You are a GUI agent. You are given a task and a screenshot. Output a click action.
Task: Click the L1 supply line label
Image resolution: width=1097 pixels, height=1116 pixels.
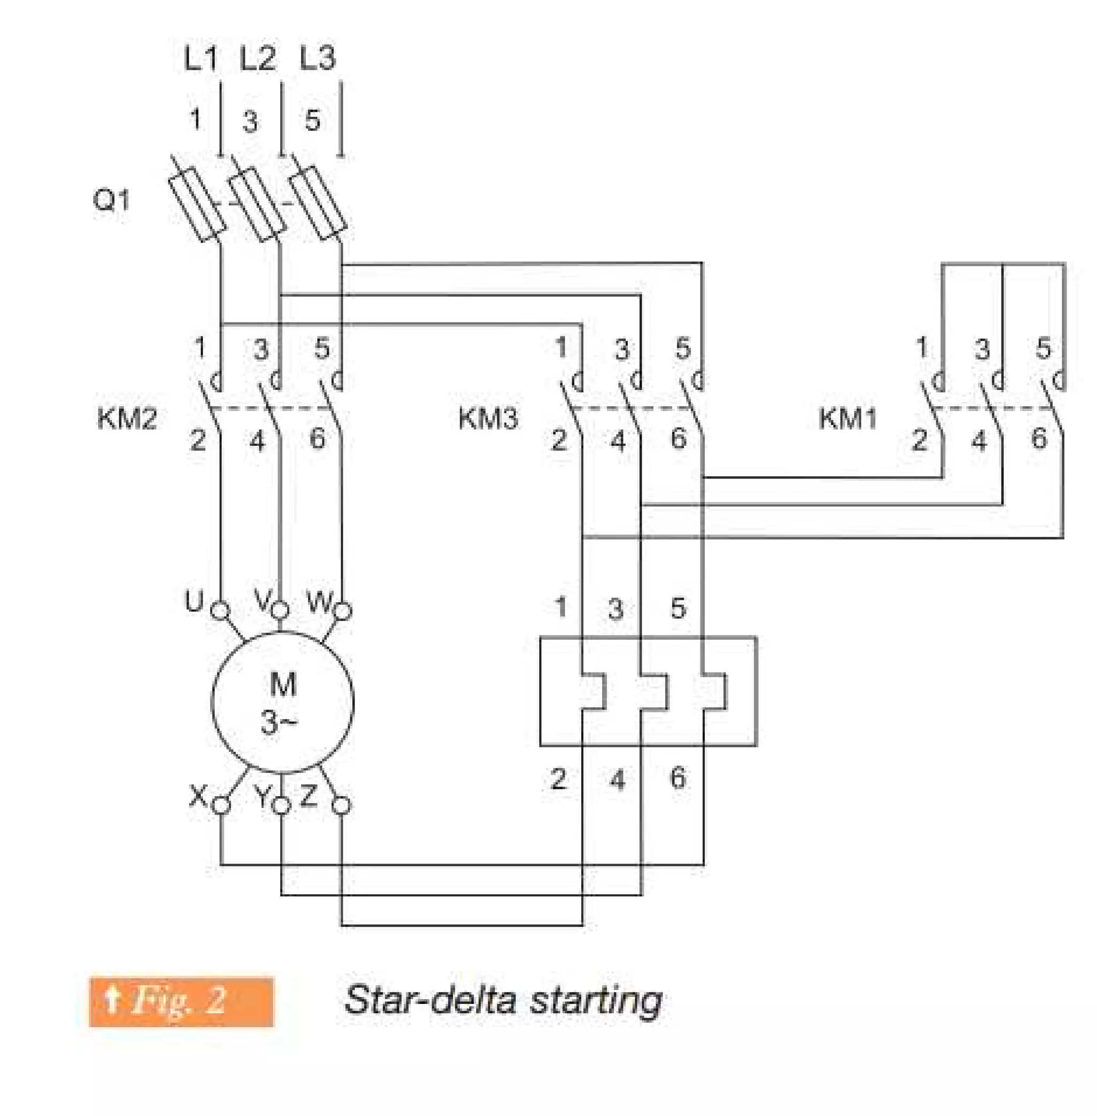tap(201, 58)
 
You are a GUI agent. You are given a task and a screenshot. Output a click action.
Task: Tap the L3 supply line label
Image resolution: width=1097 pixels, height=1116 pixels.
tap(318, 58)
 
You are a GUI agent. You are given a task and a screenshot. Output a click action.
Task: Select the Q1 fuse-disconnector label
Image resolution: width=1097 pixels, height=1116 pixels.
tap(112, 200)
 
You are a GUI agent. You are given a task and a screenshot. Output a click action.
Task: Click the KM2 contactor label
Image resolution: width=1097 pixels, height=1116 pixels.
tap(127, 418)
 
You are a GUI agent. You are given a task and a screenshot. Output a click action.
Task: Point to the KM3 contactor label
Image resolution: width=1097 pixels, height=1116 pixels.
tap(488, 418)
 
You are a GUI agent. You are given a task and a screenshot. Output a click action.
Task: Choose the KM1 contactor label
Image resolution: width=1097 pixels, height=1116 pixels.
tap(847, 418)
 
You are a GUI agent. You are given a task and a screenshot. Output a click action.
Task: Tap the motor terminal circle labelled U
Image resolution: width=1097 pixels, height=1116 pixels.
tap(220, 610)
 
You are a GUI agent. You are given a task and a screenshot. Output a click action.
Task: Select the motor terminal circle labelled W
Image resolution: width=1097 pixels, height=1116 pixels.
tap(343, 610)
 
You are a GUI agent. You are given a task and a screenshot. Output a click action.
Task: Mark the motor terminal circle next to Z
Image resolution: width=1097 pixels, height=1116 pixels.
tap(342, 805)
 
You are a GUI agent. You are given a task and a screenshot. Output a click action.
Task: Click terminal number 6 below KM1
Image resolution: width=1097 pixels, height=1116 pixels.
tap(1039, 438)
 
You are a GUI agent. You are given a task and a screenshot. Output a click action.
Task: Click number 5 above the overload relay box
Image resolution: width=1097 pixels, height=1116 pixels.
tap(679, 609)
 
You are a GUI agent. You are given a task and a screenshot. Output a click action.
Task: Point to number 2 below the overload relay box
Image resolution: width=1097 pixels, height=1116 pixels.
tap(558, 779)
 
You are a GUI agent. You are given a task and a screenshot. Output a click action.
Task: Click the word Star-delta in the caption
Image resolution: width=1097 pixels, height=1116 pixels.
tap(429, 1001)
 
